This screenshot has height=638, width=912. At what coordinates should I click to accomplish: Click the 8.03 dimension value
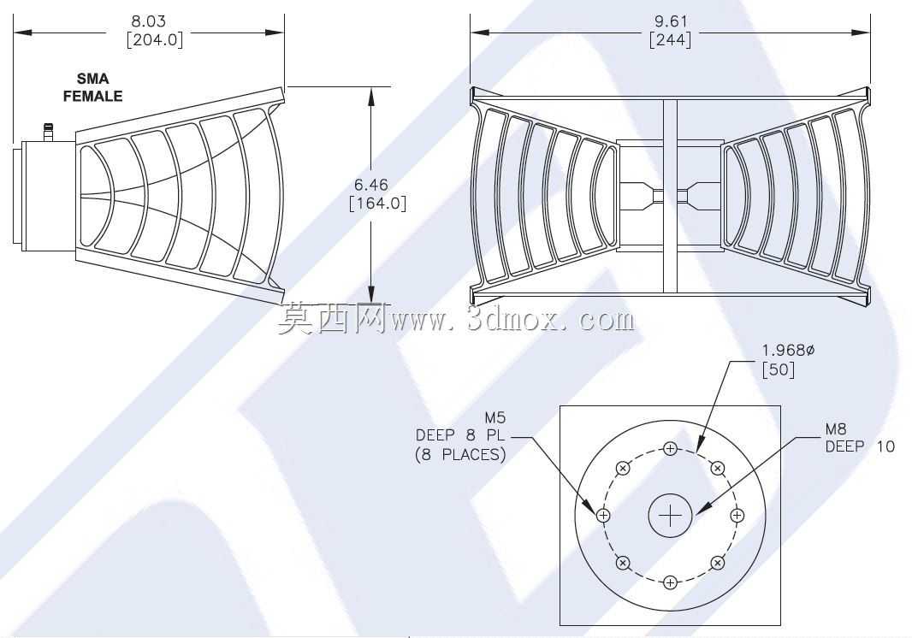148,21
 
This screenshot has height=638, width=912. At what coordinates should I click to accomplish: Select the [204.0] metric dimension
155,39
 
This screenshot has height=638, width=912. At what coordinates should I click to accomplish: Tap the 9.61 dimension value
671,21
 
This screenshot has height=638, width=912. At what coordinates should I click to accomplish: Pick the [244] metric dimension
671,39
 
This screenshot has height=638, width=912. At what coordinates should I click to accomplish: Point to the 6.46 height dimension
371,185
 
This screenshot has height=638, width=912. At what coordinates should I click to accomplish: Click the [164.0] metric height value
377,203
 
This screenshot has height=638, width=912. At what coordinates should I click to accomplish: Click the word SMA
93,79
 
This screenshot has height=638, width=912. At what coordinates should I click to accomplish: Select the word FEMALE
93,96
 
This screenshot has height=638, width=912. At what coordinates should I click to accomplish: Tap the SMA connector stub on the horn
49,132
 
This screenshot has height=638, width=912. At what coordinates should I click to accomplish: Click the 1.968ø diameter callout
789,350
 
